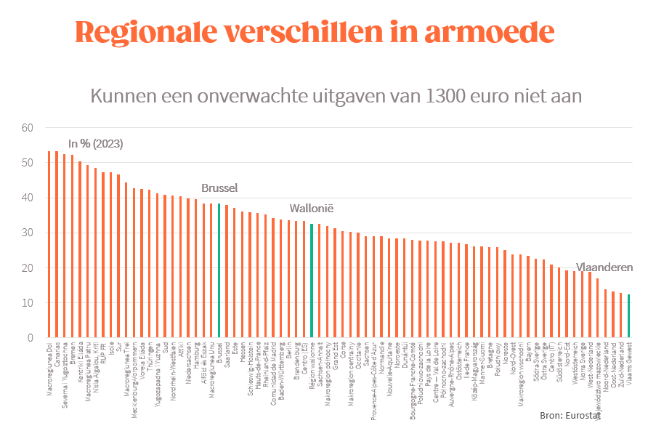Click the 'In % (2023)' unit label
pos(96,143)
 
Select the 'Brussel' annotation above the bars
pos(219,188)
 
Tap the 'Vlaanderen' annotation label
pos(604,267)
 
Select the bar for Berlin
pos(288,279)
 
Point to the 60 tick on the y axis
pos(28,128)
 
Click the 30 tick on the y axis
pos(28,233)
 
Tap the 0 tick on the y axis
pos(31,339)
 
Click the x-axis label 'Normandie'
pos(381,358)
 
